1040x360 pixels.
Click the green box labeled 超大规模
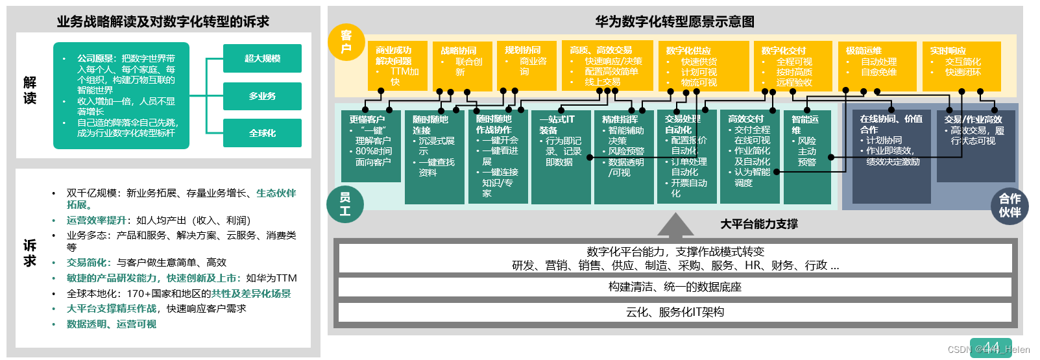pyautogui.click(x=262, y=58)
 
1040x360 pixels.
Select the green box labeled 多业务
pyautogui.click(x=262, y=96)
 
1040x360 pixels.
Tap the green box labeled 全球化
pyautogui.click(x=262, y=133)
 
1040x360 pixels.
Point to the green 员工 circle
pyautogui.click(x=345, y=204)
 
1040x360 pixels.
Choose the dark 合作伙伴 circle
pyautogui.click(x=1010, y=205)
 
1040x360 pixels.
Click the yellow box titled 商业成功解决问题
pyautogui.click(x=398, y=66)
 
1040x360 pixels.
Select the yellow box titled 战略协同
pyautogui.click(x=462, y=66)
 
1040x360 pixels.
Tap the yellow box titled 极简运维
pyautogui.click(x=877, y=66)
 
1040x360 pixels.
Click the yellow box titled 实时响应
pyautogui.click(x=961, y=66)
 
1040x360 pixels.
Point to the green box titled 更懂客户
pyautogui.click(x=370, y=146)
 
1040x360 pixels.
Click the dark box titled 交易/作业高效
pyautogui.click(x=975, y=146)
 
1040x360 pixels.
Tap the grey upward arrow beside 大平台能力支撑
pyautogui.click(x=675, y=224)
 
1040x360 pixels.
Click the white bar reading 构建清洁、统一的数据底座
pyautogui.click(x=675, y=287)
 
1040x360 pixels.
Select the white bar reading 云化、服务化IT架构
pyautogui.click(x=675, y=313)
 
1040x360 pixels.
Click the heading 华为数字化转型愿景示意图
pyautogui.click(x=675, y=21)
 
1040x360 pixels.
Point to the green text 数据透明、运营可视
pyautogui.click(x=112, y=324)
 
